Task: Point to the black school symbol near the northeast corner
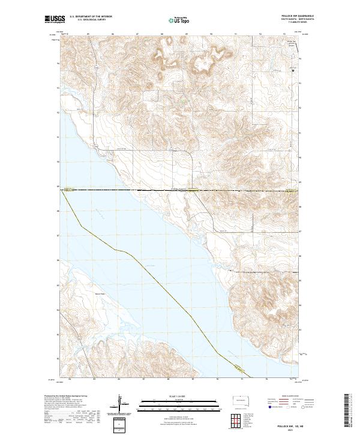pos(292,71)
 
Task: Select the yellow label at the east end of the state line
pos(291,191)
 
